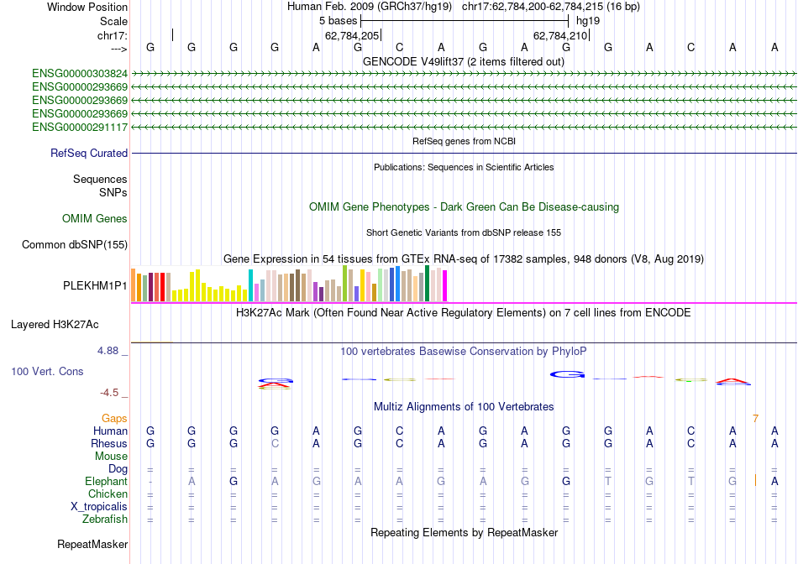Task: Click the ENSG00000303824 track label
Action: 80,74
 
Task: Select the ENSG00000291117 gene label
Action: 80,128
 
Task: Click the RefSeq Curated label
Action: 89,154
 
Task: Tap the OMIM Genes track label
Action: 95,219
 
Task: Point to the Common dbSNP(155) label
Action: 75,245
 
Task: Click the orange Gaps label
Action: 114,418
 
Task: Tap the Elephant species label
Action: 106,482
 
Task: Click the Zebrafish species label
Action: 104,520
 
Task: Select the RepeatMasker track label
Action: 92,545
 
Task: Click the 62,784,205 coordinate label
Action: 352,36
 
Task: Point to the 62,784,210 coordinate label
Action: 560,36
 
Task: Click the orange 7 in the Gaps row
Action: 755,418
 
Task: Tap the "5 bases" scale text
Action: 337,19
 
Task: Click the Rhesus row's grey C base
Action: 275,444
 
